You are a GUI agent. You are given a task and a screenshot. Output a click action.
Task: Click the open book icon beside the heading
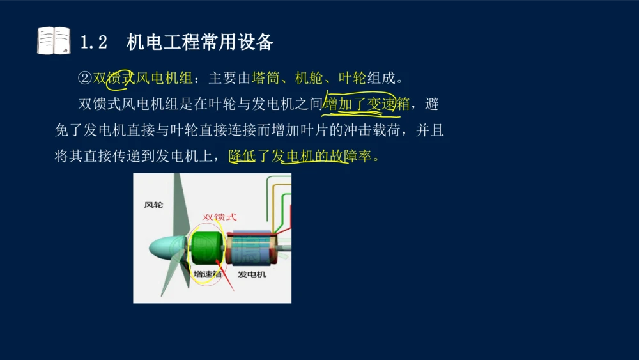(x=54, y=41)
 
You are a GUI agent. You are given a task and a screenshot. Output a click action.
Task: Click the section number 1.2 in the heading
(x=94, y=43)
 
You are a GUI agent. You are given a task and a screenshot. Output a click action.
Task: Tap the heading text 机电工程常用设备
(x=200, y=42)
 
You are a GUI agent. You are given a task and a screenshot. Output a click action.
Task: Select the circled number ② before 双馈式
(x=85, y=79)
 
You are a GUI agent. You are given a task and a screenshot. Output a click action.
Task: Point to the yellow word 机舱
(x=309, y=79)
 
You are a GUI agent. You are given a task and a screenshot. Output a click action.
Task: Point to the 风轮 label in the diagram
(x=153, y=205)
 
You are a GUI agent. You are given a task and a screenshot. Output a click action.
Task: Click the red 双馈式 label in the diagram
(x=219, y=217)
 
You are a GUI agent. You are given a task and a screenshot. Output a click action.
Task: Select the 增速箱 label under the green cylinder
(x=207, y=274)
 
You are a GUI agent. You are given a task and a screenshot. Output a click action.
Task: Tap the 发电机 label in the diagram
(x=252, y=274)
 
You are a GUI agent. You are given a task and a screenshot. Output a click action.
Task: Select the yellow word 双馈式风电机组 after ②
(x=142, y=79)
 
